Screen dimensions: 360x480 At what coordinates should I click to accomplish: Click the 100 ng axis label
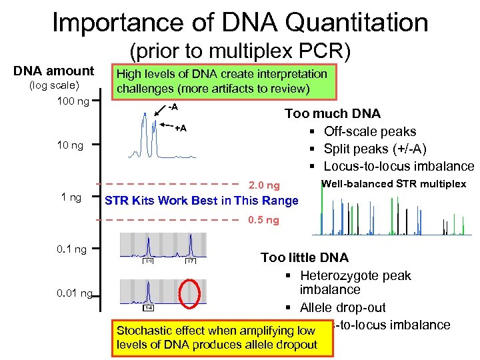(69, 101)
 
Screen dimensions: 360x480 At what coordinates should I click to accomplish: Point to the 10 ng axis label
(69, 145)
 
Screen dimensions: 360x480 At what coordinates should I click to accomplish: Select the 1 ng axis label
(71, 197)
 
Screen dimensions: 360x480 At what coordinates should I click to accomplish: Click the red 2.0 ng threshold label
(264, 185)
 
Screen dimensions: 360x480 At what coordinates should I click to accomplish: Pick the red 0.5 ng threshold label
(263, 221)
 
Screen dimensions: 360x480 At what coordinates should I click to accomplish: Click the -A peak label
(173, 107)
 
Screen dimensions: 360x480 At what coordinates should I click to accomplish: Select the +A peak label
(180, 127)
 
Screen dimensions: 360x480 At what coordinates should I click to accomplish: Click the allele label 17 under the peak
(190, 261)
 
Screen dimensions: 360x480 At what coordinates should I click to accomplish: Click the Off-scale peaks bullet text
(369, 131)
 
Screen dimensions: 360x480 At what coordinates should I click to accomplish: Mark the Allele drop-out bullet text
(342, 307)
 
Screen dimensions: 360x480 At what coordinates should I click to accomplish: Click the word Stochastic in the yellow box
(141, 331)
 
